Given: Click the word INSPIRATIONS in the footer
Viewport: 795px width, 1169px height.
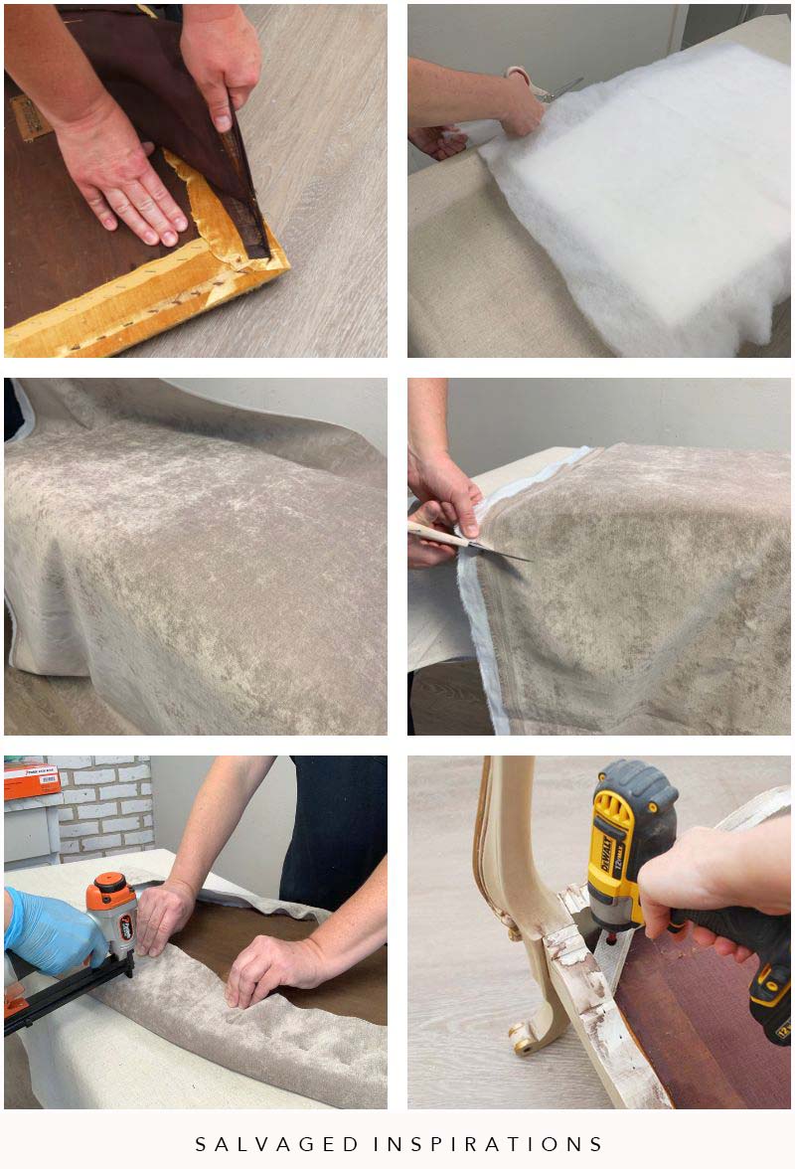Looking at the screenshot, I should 489,1144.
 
